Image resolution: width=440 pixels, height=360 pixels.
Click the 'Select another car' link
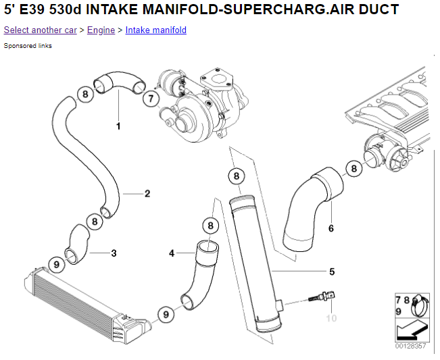pos(40,30)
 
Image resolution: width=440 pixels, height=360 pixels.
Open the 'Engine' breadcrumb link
pos(101,30)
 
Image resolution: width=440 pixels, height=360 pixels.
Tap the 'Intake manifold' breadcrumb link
pos(156,30)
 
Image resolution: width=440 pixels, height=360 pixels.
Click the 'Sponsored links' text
pos(28,46)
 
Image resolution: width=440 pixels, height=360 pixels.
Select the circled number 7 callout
pos(151,99)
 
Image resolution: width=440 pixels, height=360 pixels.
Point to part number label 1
pos(118,126)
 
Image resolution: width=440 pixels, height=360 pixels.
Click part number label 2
pos(147,193)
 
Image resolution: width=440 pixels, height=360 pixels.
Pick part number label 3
pos(114,253)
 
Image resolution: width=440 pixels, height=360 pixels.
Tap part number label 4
pos(172,253)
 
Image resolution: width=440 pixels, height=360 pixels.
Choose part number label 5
pos(332,272)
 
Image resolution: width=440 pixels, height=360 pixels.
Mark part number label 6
pos(331,228)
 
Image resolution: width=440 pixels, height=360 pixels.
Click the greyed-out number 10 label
pos(331,318)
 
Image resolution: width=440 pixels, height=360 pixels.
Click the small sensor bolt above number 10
pos(322,297)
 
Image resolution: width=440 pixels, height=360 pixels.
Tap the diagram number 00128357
pos(410,346)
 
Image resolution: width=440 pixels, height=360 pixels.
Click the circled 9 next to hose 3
pos(57,264)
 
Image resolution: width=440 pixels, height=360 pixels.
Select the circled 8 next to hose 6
pos(354,168)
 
